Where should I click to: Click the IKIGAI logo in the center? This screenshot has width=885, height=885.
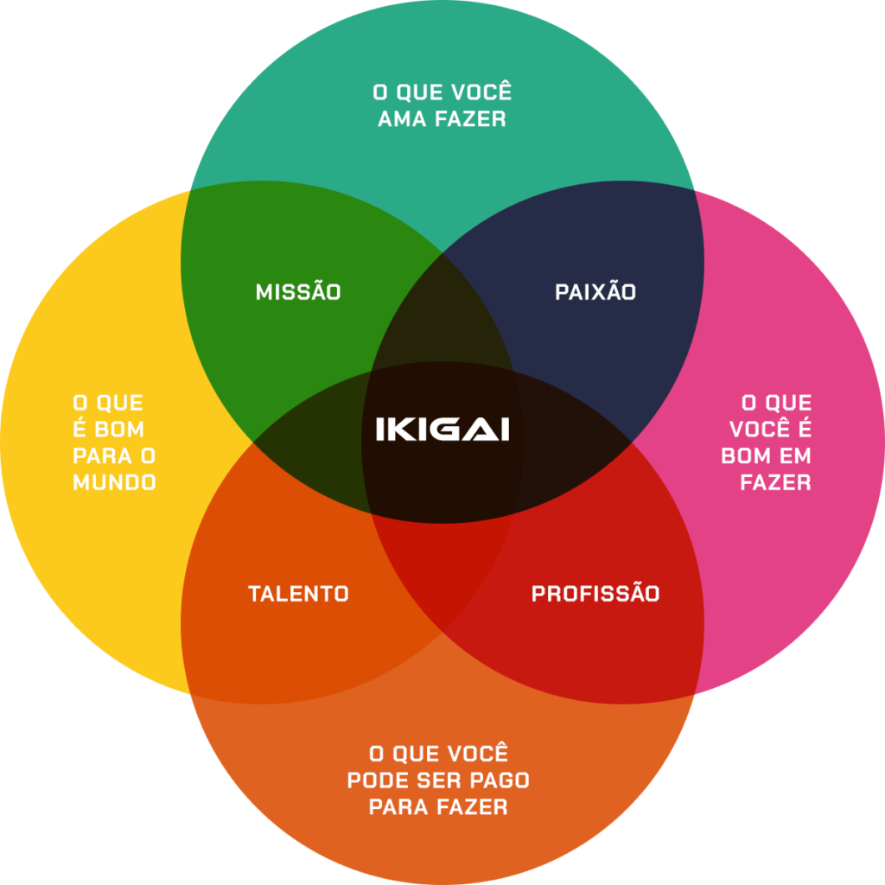coord(442,429)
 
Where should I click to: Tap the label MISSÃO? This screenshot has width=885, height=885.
coord(298,292)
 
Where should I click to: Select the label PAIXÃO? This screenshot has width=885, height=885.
coord(595,292)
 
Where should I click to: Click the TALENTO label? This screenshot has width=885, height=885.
coord(298,594)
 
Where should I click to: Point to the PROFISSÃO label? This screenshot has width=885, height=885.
coord(595,594)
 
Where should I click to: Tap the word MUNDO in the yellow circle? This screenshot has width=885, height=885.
coord(114,482)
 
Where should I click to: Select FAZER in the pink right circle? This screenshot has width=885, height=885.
coord(775,482)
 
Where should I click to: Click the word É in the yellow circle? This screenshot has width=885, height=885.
coord(80,429)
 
